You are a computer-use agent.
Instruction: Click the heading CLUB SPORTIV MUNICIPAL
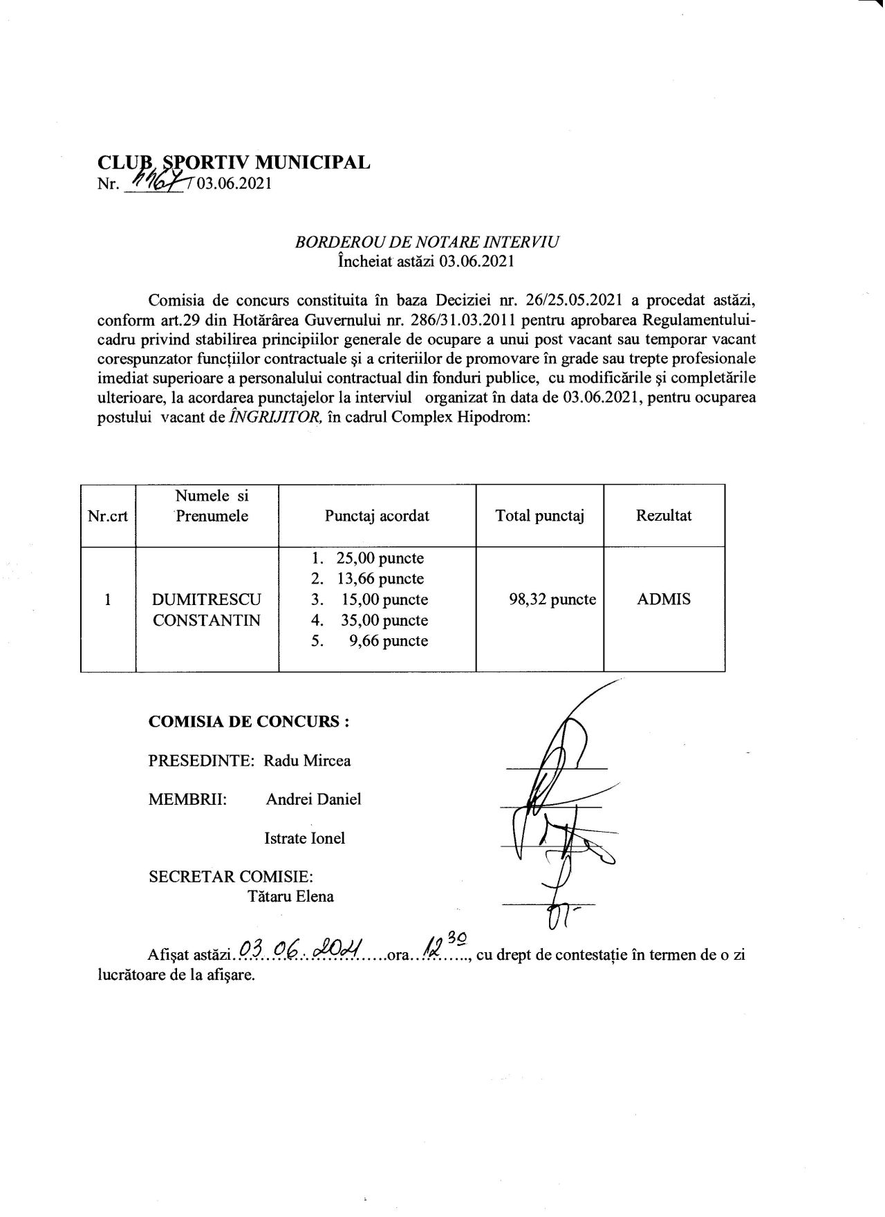pos(234,162)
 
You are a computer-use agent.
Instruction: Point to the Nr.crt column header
pos(108,516)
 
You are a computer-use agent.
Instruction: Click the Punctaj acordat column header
pos(377,516)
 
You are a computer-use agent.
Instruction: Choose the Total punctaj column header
pos(540,516)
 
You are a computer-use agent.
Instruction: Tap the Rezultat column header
pos(664,516)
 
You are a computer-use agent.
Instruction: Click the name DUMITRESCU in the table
pos(206,600)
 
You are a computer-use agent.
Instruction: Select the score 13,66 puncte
pos(380,579)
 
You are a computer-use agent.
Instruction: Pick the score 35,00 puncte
pos(384,620)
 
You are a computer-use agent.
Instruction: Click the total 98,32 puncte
pos(552,600)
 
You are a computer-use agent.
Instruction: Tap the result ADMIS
pos(663,600)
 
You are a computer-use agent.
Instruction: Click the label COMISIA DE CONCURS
pos(249,721)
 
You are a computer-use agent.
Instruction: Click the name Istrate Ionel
pos(304,838)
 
